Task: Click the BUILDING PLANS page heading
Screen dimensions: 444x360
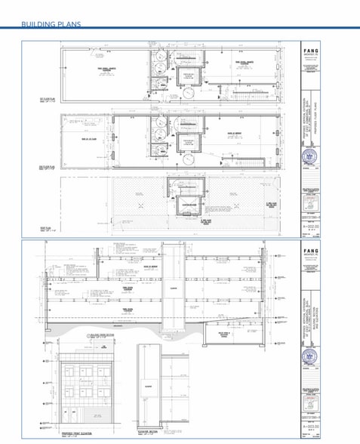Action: pyautogui.click(x=51, y=24)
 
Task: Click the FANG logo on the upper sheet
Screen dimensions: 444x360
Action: pyautogui.click(x=309, y=50)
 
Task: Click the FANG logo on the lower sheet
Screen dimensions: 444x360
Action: pyautogui.click(x=309, y=251)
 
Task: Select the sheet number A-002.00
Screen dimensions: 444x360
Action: pyautogui.click(x=309, y=225)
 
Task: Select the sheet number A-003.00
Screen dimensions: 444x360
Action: pyautogui.click(x=309, y=426)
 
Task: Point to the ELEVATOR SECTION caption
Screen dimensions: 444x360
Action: pyautogui.click(x=149, y=431)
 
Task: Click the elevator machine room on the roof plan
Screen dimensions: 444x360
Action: pyautogui.click(x=189, y=205)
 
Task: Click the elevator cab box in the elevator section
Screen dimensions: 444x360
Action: pyautogui.click(x=149, y=387)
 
